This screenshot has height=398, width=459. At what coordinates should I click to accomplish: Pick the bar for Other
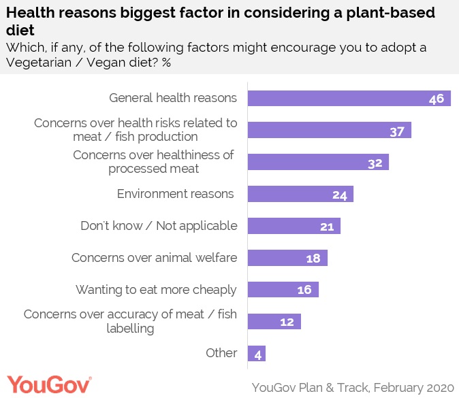click(x=256, y=353)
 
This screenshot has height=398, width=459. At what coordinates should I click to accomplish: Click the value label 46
click(x=437, y=99)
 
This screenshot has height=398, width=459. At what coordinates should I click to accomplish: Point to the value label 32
click(x=375, y=163)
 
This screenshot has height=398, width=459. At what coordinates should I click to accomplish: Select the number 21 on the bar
click(x=326, y=226)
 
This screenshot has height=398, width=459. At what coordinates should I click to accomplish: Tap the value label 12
click(x=287, y=322)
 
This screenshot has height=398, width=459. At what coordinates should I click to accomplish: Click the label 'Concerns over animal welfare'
click(x=155, y=257)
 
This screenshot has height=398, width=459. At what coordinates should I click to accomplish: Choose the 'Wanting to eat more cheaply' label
click(x=156, y=289)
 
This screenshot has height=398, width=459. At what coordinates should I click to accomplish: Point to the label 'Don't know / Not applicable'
click(x=159, y=225)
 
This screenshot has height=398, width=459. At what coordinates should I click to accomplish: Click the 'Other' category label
click(x=221, y=352)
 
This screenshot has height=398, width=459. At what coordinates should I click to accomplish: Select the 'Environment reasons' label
click(x=176, y=193)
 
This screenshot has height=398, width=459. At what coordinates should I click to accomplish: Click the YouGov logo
click(x=49, y=384)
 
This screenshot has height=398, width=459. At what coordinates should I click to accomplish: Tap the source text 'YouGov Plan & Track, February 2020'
click(x=353, y=386)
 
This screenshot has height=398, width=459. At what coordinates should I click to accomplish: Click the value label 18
click(x=313, y=258)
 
